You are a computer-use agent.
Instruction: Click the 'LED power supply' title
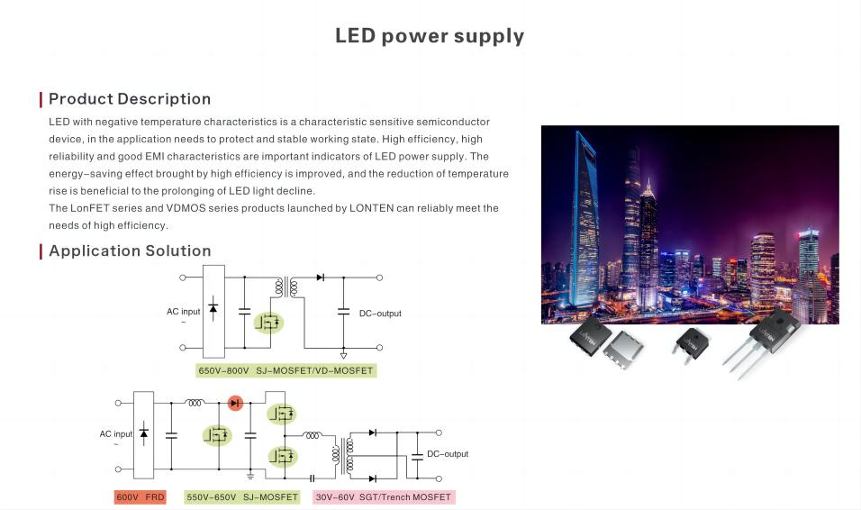(x=430, y=36)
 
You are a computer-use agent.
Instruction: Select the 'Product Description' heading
(x=130, y=99)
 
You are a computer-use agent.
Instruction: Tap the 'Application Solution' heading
(x=130, y=250)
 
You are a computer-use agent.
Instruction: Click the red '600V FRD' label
(x=140, y=496)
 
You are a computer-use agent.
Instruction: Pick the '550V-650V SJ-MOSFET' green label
(x=242, y=496)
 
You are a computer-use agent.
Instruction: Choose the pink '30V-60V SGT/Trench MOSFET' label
(x=384, y=496)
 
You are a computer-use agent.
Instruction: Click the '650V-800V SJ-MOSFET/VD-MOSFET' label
(x=285, y=370)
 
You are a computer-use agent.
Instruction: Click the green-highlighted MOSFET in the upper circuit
(x=268, y=322)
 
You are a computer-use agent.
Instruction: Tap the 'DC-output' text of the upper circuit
(x=380, y=314)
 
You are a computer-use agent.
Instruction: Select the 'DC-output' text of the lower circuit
(x=448, y=454)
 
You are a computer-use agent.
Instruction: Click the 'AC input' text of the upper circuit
(x=184, y=312)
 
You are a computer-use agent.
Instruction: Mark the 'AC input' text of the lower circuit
(x=116, y=434)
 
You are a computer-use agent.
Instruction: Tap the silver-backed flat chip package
(x=624, y=351)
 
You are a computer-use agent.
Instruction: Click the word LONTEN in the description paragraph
(x=372, y=208)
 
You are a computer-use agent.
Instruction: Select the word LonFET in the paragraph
(x=90, y=208)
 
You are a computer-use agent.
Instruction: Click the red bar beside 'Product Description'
(x=41, y=99)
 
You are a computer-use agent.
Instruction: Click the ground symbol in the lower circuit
(x=250, y=476)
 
